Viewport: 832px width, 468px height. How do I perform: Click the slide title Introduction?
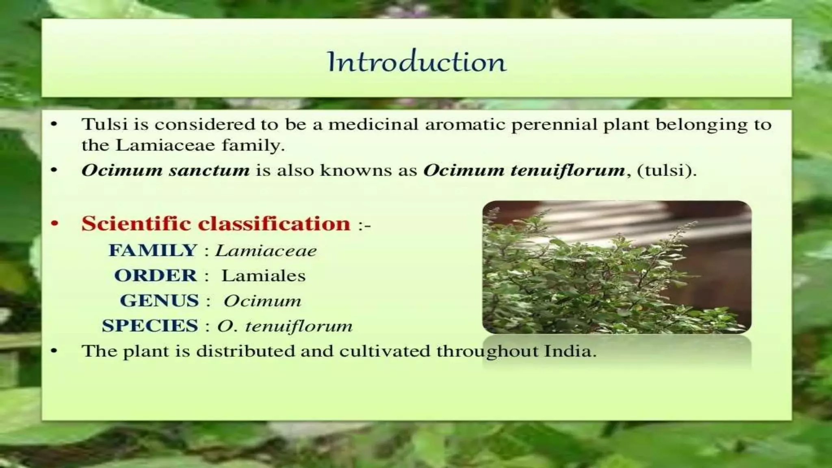(416, 62)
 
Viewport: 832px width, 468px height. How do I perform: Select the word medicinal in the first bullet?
(373, 124)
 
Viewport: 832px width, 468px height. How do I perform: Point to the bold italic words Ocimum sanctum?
(165, 170)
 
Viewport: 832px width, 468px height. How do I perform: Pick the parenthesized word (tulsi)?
(667, 170)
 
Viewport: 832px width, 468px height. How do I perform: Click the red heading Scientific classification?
(216, 223)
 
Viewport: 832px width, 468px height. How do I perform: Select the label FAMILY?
(153, 250)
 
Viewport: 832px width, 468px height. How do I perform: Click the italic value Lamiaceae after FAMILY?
(266, 251)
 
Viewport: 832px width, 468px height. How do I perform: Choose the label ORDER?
(156, 275)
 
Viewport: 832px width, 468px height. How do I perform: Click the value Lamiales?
(263, 276)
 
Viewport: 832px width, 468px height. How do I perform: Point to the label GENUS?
(159, 301)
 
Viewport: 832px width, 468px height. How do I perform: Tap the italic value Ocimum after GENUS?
(262, 301)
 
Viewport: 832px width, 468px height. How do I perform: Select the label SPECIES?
(150, 326)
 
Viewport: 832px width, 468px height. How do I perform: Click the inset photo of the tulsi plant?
(616, 267)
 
